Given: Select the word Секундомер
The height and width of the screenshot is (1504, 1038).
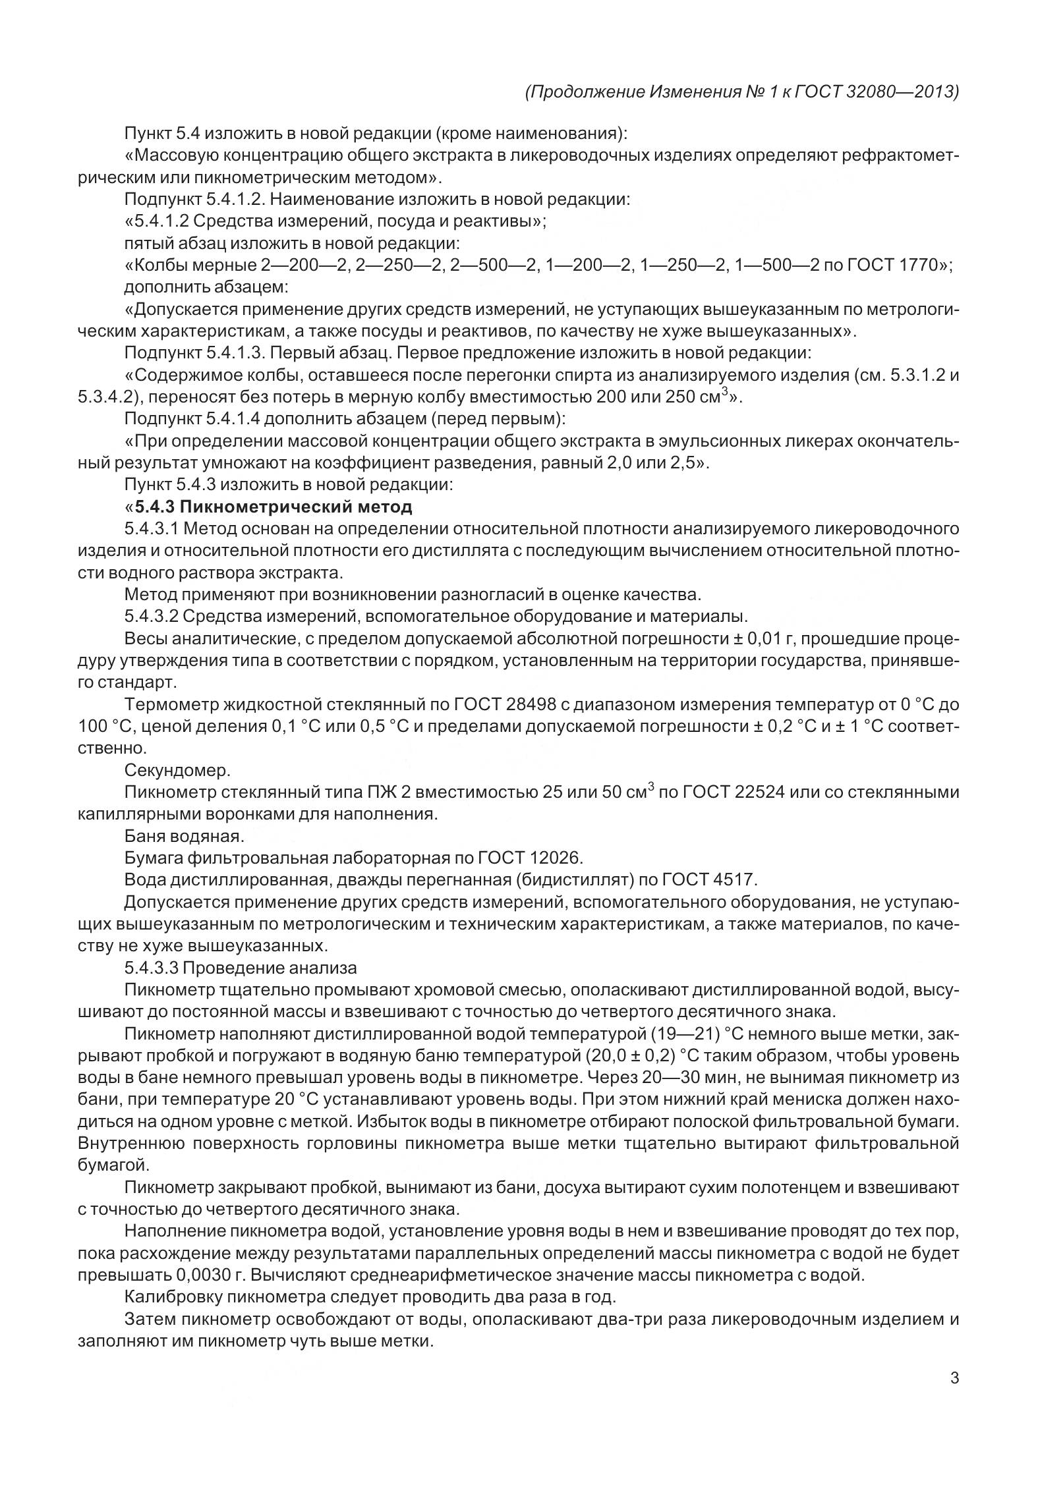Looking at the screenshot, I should point(177,770).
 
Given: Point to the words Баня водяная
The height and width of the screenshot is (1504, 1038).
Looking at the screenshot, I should point(184,836).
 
